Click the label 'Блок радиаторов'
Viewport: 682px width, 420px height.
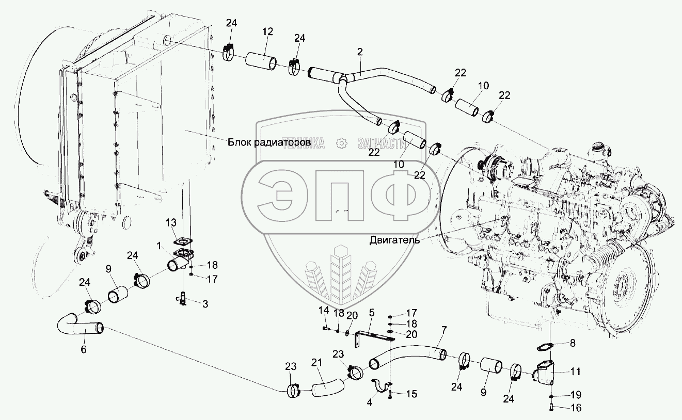click(x=268, y=141)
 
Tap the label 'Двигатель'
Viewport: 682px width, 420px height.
click(x=394, y=239)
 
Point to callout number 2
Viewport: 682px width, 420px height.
click(x=360, y=52)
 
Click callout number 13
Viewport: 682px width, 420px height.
click(x=171, y=222)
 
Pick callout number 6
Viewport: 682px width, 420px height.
click(x=84, y=349)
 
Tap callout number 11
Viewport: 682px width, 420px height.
click(x=576, y=371)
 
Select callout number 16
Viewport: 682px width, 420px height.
click(x=576, y=408)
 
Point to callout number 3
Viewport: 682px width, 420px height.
click(x=205, y=304)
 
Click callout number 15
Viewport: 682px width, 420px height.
click(x=411, y=394)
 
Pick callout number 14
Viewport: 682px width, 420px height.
click(x=324, y=311)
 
